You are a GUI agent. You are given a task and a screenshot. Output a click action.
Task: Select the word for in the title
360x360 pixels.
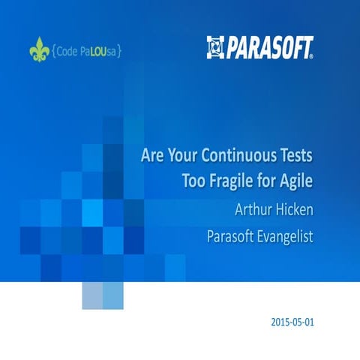[x=270, y=181]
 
